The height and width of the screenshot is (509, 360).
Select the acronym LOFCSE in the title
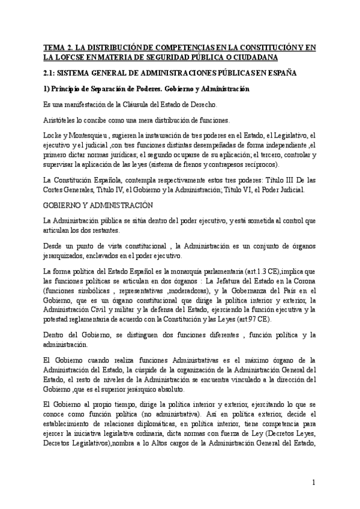pos(69,57)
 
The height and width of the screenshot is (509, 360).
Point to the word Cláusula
pos(132,105)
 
